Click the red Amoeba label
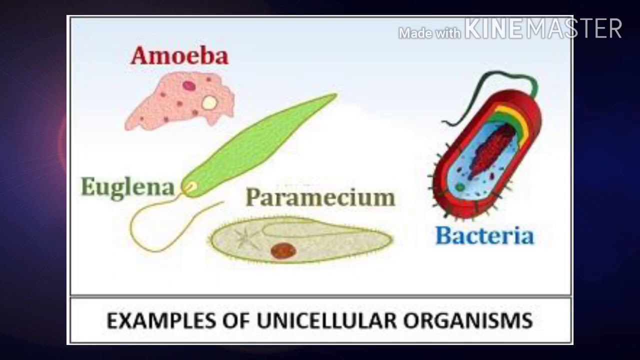[179, 56]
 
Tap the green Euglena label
[127, 187]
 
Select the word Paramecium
[320, 197]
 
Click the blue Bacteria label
[484, 235]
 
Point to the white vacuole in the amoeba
[209, 103]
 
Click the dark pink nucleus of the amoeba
[188, 85]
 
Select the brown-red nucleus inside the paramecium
[283, 250]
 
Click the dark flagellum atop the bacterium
[495, 85]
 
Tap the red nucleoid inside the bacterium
[492, 150]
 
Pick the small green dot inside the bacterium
[459, 187]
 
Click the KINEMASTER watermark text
[543, 29]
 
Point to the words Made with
[429, 33]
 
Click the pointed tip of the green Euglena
[334, 95]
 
